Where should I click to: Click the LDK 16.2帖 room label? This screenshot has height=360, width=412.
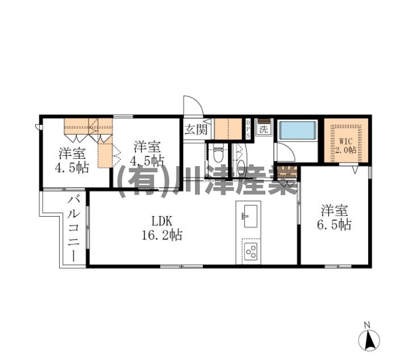tap(162, 228)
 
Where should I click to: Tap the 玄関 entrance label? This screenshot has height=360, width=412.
tap(195, 129)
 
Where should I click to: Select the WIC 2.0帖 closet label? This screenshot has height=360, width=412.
tap(346, 146)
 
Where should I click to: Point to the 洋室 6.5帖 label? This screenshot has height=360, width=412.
tap(334, 217)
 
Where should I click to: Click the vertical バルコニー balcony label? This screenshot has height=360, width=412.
tap(74, 228)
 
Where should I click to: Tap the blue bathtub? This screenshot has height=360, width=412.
tap(298, 130)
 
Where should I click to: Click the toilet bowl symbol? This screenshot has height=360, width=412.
tap(218, 155)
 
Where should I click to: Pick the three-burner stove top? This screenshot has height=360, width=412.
tap(251, 251)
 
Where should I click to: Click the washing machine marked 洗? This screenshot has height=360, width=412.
tap(264, 128)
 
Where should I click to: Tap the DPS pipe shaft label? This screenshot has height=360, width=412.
tap(248, 129)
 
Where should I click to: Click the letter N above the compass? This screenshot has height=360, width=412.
tap(367, 325)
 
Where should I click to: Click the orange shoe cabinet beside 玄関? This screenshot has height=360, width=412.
tap(228, 129)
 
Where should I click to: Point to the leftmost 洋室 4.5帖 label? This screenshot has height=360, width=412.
tap(72, 160)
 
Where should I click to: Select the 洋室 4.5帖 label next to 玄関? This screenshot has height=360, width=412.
tap(147, 153)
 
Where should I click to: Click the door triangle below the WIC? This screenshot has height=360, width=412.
tap(355, 169)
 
